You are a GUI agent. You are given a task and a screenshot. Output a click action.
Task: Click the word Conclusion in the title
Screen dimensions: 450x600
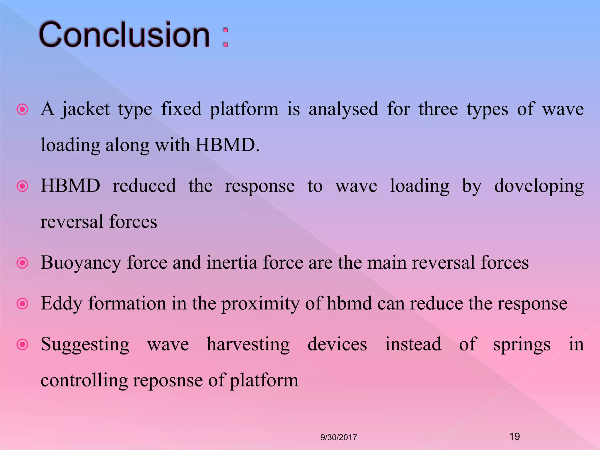click(125, 35)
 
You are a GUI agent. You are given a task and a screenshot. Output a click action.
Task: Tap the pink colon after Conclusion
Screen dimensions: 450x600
click(225, 37)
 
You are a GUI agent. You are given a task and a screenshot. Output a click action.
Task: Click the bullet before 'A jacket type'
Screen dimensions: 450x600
click(23, 110)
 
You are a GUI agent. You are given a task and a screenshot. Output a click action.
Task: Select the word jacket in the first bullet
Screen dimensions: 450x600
click(86, 110)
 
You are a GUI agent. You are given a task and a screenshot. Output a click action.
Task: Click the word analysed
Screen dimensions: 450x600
click(343, 110)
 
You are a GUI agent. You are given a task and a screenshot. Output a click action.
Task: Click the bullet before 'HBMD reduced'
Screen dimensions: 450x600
click(23, 186)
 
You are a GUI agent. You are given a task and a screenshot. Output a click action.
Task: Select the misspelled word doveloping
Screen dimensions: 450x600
click(539, 186)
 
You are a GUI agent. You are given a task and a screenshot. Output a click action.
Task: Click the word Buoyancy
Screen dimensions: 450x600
click(81, 263)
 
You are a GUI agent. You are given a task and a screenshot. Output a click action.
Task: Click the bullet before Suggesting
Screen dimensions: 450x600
click(23, 345)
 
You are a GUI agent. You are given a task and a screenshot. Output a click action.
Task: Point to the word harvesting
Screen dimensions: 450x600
click(248, 345)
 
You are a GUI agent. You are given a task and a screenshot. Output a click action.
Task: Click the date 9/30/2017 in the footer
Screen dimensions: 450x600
click(339, 437)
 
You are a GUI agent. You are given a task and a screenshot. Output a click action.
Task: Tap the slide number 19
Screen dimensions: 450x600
click(514, 437)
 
